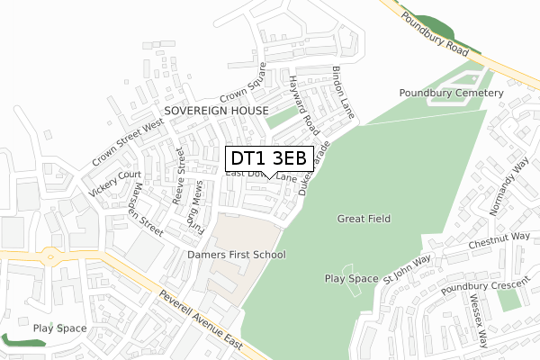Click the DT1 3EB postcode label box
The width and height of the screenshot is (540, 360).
click(x=269, y=158)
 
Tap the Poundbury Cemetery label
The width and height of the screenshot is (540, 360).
click(x=450, y=94)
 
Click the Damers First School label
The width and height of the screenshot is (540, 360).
click(x=237, y=255)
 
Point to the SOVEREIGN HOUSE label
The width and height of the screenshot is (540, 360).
click(x=217, y=110)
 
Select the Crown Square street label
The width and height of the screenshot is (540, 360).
click(x=246, y=84)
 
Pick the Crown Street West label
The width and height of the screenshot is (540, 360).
click(x=125, y=145)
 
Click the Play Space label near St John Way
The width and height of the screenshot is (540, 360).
click(x=352, y=279)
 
